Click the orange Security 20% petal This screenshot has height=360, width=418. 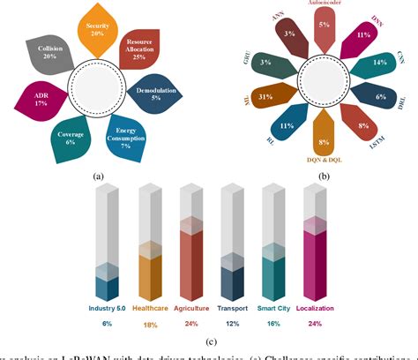pos(98,29)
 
